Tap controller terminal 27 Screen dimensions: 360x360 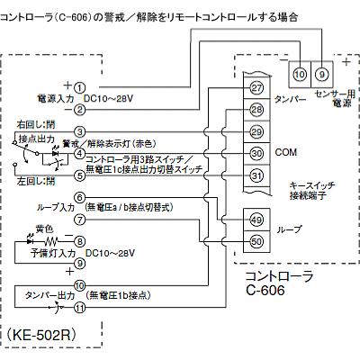click(x=256, y=88)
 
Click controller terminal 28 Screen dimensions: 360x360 click(x=256, y=110)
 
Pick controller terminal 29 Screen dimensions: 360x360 click(x=256, y=132)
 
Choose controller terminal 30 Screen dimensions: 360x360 click(x=256, y=153)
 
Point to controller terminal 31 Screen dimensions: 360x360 click(x=256, y=175)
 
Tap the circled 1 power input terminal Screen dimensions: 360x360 click(x=80, y=86)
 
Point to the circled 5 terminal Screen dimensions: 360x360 click(x=80, y=175)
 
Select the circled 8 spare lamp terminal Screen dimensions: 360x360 click(x=80, y=240)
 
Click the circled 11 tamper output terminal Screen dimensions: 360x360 click(x=80, y=306)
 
